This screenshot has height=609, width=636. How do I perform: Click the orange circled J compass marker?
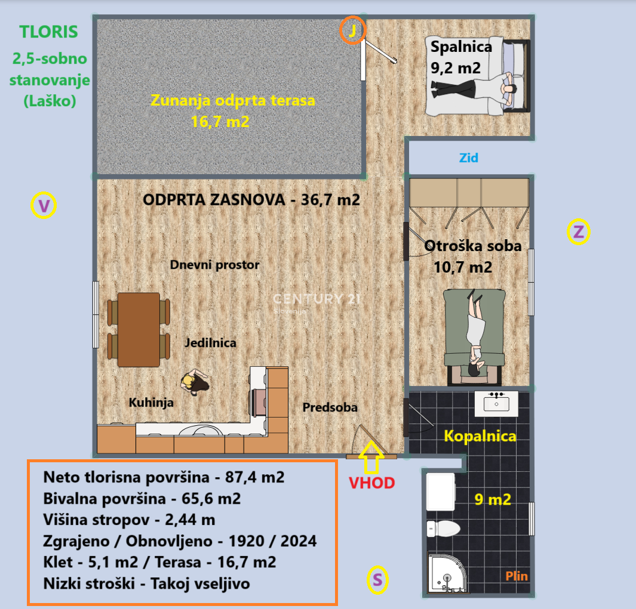coord(352,30)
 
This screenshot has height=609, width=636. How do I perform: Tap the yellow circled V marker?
coord(44,205)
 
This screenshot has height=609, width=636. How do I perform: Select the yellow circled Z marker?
coord(579,232)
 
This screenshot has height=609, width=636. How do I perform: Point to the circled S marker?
coord(377,580)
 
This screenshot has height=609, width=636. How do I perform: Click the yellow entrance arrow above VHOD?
coord(371,457)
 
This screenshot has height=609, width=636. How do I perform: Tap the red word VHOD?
coord(372,483)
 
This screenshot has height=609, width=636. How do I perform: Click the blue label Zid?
coord(468,157)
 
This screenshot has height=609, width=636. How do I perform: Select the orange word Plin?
coord(517,576)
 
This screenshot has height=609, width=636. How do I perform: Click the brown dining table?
coord(139,330)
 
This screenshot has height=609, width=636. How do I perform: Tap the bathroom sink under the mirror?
coord(496,404)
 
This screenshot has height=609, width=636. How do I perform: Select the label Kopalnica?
coord(480,436)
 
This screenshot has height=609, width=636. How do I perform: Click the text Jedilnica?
coord(210,343)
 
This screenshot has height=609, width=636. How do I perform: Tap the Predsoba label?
coord(330,407)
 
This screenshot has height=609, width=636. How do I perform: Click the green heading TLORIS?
coord(49,32)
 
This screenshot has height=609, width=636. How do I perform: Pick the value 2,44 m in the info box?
coord(190,520)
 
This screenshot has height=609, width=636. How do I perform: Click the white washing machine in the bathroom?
coord(441,492)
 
